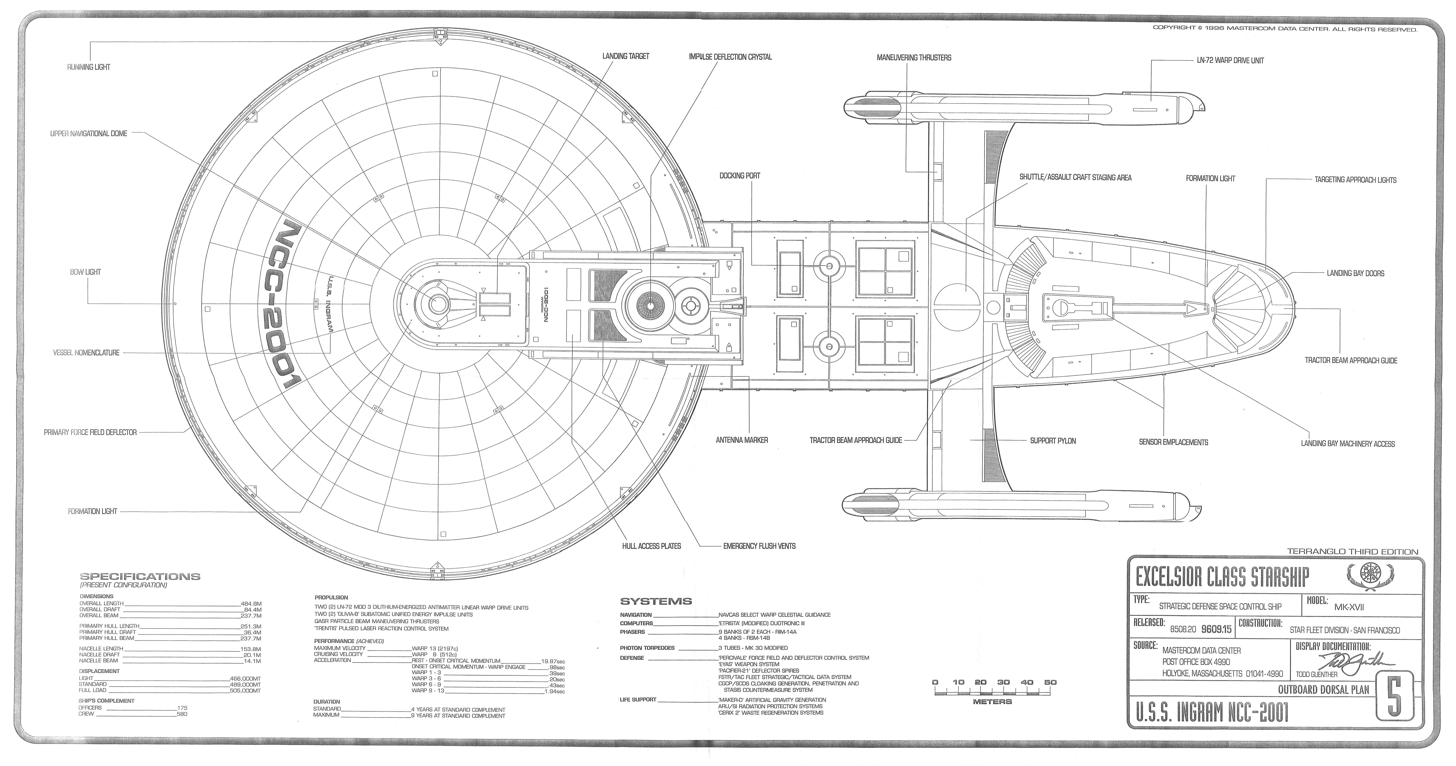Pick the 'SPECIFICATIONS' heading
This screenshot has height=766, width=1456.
click(x=140, y=577)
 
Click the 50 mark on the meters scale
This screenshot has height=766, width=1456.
click(x=1050, y=682)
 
